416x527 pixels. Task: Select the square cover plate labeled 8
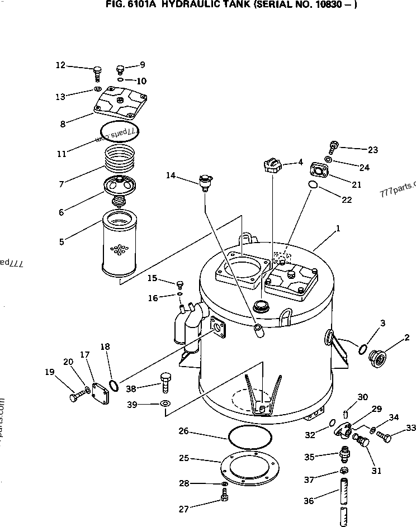[x=121, y=102]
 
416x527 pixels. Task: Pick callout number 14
[x=170, y=175]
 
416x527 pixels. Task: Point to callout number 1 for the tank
[x=338, y=228]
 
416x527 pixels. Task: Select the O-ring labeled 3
[x=363, y=350]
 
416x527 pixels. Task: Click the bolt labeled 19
[x=76, y=397]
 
